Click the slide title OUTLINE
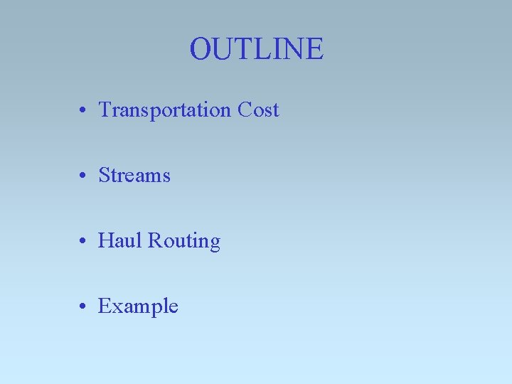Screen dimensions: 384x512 (x=256, y=49)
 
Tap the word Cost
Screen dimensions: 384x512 (x=258, y=110)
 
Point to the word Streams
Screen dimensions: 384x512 (x=134, y=176)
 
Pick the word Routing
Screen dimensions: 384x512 (x=184, y=242)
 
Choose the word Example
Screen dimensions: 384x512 (x=138, y=307)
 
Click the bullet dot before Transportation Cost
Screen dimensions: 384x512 (x=84, y=112)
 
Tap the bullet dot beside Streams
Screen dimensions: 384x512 (x=84, y=177)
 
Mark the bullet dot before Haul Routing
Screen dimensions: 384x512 (x=84, y=242)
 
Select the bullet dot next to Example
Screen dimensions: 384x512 (x=84, y=308)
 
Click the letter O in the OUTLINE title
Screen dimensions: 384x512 (x=201, y=49)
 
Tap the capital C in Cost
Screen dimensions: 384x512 (x=245, y=110)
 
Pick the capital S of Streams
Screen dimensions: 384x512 (x=105, y=176)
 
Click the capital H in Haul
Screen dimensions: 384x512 (x=106, y=241)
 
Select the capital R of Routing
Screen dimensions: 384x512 (x=154, y=241)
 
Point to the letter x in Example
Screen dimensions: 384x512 (x=115, y=309)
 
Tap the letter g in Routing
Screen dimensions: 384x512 (x=214, y=244)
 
